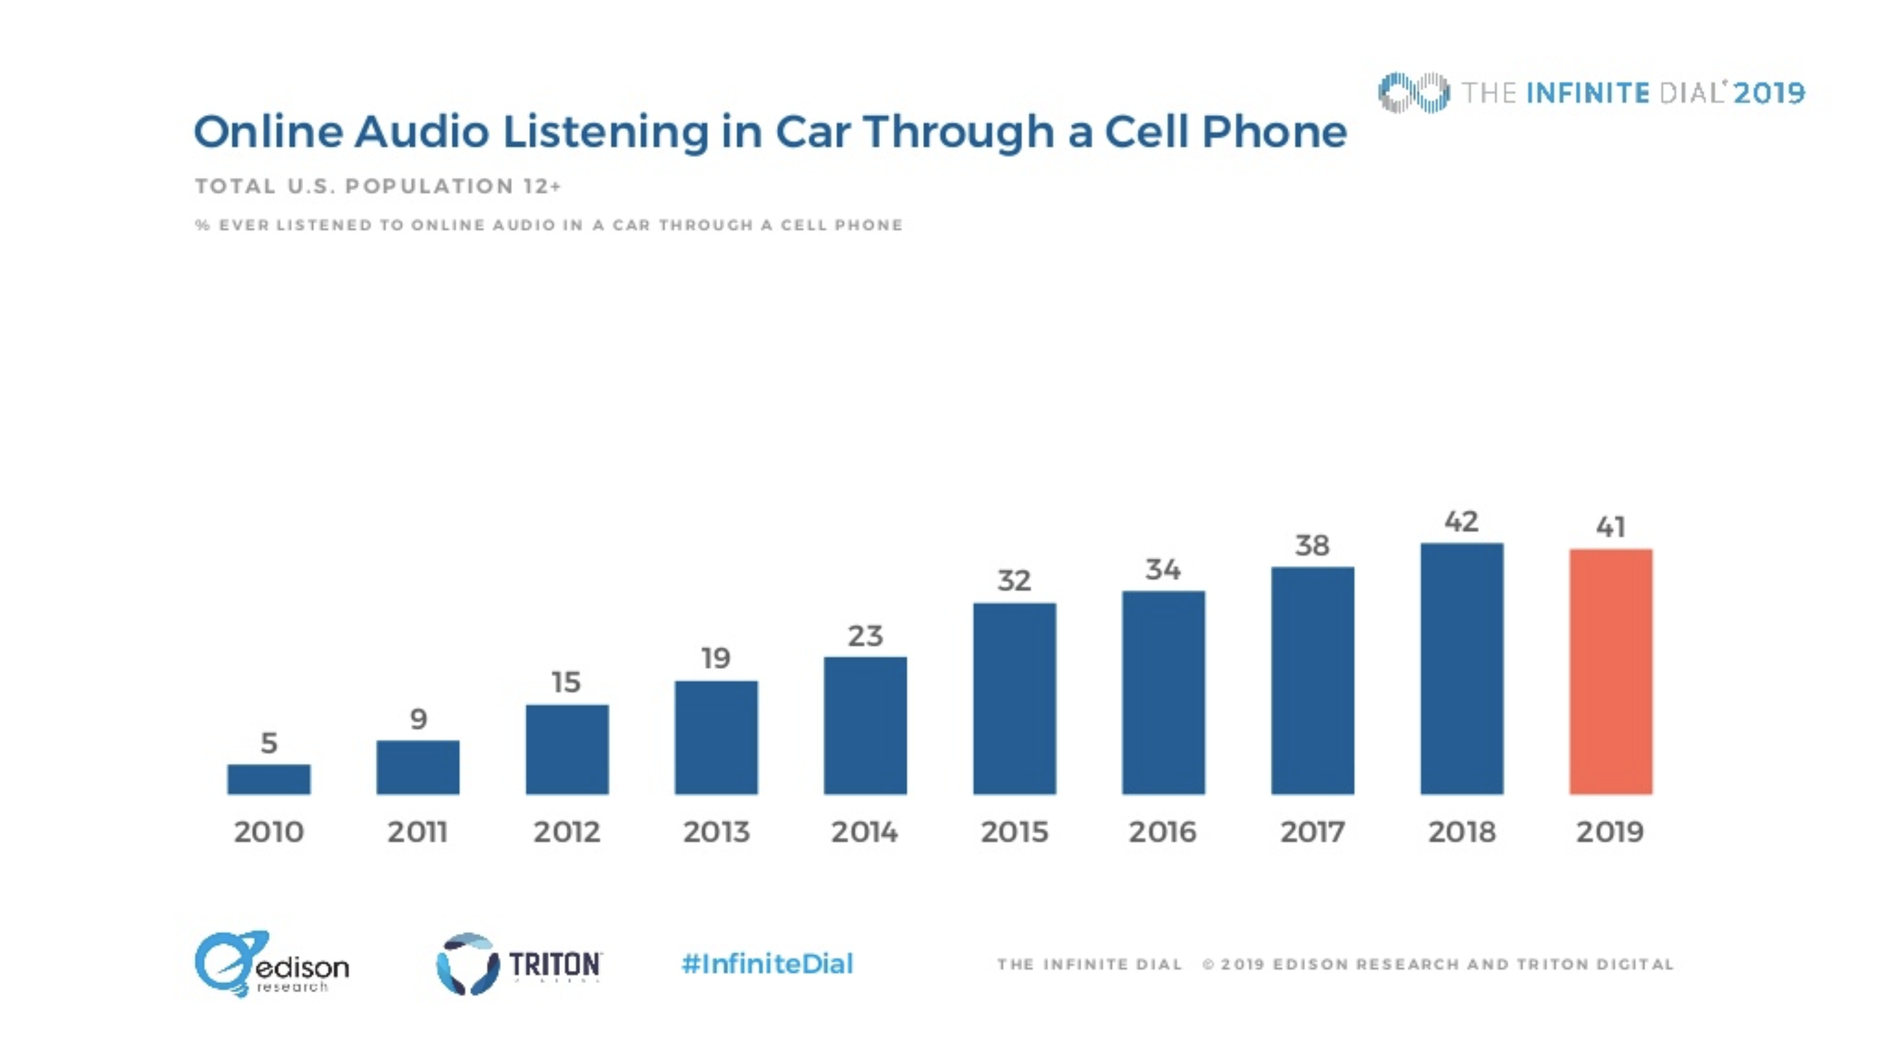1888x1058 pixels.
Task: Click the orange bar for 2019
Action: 1610,671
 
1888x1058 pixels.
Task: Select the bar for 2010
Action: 268,779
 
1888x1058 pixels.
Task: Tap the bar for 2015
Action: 1014,699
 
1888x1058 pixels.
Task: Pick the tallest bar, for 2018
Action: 1461,668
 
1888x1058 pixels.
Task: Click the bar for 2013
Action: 716,737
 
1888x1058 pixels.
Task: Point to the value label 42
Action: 1461,522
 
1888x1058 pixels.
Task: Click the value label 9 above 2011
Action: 417,719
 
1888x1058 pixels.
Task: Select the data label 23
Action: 865,635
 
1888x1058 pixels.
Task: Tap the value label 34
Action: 1163,569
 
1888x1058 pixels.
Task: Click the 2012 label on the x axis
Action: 567,831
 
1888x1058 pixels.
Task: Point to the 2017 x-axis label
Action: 1312,831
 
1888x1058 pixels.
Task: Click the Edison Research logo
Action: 271,963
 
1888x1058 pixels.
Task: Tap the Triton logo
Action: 519,963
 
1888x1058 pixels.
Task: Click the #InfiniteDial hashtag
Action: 767,963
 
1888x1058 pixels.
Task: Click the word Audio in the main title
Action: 421,132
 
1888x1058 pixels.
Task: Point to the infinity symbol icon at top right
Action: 1413,93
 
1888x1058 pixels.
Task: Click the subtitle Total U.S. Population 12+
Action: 377,186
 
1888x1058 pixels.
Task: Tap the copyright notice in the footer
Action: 1437,964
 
